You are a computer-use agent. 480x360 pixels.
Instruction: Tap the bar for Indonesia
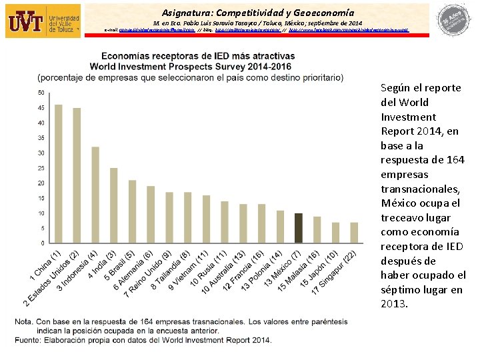[x=95, y=194]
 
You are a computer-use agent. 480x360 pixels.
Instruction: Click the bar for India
[x=114, y=205]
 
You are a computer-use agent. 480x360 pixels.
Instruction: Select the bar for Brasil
[x=133, y=211]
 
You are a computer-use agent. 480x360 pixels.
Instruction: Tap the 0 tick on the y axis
[x=43, y=243]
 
